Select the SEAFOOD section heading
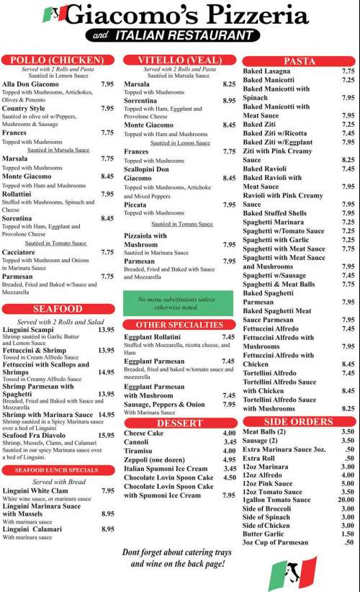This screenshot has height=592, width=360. click(x=58, y=309)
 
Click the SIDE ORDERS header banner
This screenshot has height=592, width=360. click(x=298, y=421)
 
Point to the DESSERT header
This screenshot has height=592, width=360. click(x=180, y=423)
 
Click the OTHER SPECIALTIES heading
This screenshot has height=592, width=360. click(x=180, y=325)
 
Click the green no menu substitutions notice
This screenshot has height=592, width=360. click(x=180, y=302)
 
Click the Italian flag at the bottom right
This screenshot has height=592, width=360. click(x=292, y=573)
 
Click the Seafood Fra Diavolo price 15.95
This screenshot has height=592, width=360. click(x=106, y=435)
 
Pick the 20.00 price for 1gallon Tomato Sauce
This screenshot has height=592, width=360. click(x=346, y=500)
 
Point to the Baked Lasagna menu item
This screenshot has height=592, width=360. click(x=267, y=71)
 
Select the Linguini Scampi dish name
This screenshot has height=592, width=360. click(x=30, y=330)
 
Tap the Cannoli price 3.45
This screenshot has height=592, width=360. click(x=230, y=442)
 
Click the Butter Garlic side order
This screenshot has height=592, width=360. click(x=264, y=534)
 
